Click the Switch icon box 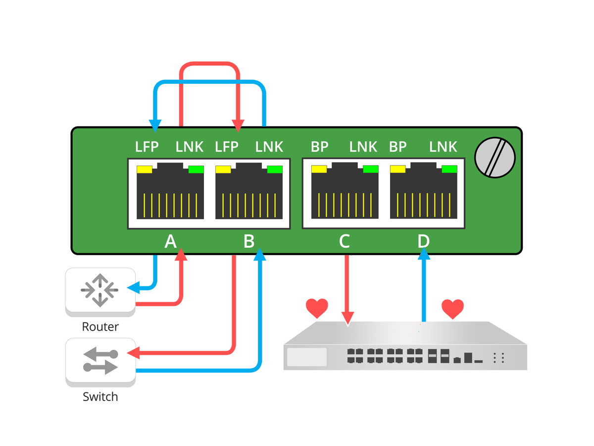pyautogui.click(x=100, y=361)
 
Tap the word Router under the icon pyautogui.click(x=100, y=327)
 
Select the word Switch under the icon pyautogui.click(x=100, y=397)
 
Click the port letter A pyautogui.click(x=170, y=241)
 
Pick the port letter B pyautogui.click(x=249, y=241)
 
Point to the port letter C pyautogui.click(x=344, y=241)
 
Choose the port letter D pyautogui.click(x=423, y=241)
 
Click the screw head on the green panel pyautogui.click(x=495, y=158)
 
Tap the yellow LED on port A pyautogui.click(x=144, y=169)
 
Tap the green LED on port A pyautogui.click(x=196, y=169)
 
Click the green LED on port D pyautogui.click(x=449, y=169)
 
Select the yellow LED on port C pyautogui.click(x=319, y=169)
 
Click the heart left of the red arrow pyautogui.click(x=317, y=308)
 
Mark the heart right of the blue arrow pyautogui.click(x=452, y=309)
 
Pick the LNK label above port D pyautogui.click(x=443, y=147)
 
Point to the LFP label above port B pyautogui.click(x=227, y=147)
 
